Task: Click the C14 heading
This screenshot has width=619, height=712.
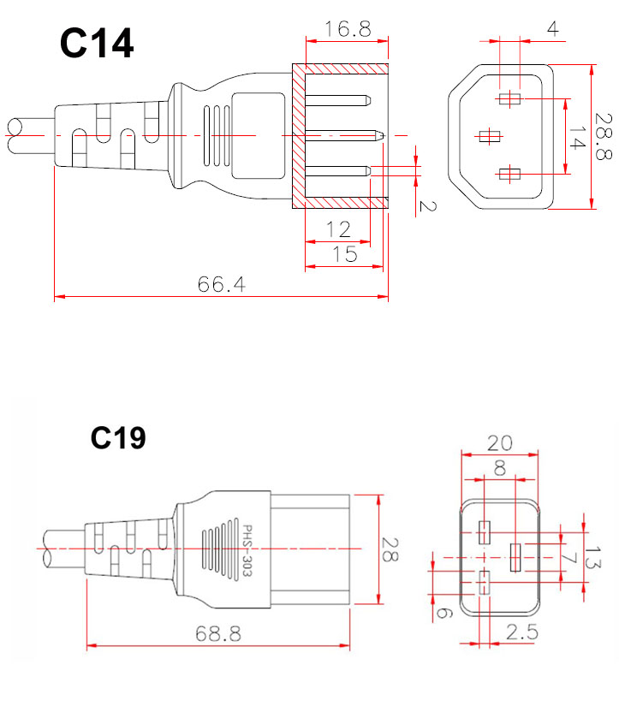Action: tap(97, 43)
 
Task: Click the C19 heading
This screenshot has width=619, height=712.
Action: tap(118, 438)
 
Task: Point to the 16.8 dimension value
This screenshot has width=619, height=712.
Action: tap(348, 28)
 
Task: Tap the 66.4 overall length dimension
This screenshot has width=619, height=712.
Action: tap(221, 285)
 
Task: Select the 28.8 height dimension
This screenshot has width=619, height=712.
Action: tap(603, 136)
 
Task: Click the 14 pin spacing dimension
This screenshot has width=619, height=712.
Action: tap(576, 138)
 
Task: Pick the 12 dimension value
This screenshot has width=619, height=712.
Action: tap(338, 229)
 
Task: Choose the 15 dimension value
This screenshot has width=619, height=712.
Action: tap(345, 254)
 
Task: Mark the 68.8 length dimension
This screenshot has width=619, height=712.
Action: tap(218, 633)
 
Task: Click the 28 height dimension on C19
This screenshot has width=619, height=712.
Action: tap(390, 549)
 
